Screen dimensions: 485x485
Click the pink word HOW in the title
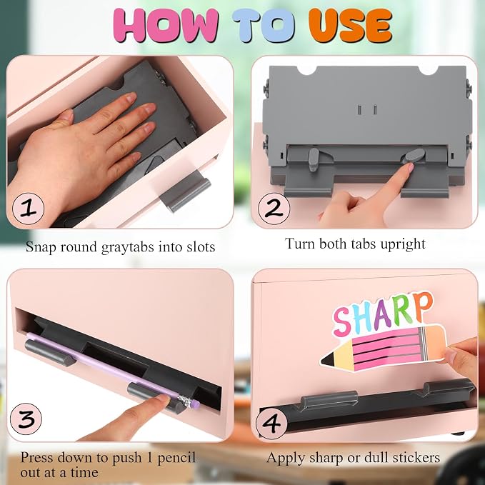pyautogui.click(x=166, y=25)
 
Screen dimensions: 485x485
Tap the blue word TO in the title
pyautogui.click(x=264, y=25)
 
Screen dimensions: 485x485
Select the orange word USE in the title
pyautogui.click(x=350, y=25)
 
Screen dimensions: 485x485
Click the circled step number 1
pyautogui.click(x=28, y=209)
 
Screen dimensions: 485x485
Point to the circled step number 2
pyautogui.click(x=274, y=209)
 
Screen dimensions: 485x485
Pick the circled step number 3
pyautogui.click(x=26, y=419)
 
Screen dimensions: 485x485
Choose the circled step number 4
pyautogui.click(x=271, y=423)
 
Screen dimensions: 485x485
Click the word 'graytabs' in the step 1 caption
pyautogui.click(x=127, y=247)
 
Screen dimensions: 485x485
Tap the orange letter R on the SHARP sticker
pyautogui.click(x=423, y=306)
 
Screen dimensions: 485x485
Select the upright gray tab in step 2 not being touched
pyautogui.click(x=314, y=159)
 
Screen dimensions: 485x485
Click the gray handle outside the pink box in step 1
pyautogui.click(x=185, y=191)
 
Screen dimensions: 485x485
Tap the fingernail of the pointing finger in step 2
pyautogui.click(x=411, y=167)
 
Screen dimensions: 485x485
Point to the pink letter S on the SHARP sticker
pyautogui.click(x=341, y=323)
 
